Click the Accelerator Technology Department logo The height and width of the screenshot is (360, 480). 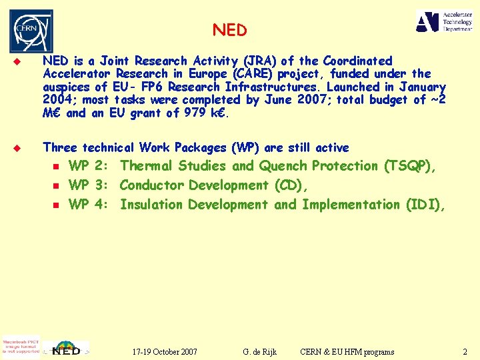pos(443,21)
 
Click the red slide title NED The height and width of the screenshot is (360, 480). pos(230,31)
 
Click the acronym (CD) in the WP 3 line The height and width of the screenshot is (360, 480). pos(291,185)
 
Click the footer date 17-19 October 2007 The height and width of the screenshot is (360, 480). pos(165,351)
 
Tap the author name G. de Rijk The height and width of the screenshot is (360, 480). pos(260,351)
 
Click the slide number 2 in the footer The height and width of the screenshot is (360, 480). pos(465,351)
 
